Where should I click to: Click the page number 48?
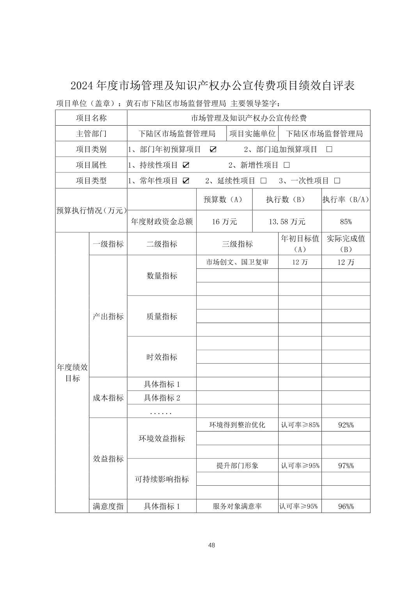[211, 545]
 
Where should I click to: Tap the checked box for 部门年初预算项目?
[213, 149]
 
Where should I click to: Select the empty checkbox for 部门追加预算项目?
[329, 149]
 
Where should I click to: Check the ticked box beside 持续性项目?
[186, 165]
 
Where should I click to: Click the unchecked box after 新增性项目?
[287, 165]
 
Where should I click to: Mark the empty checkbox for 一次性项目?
[337, 181]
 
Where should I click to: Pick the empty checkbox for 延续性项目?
[264, 181]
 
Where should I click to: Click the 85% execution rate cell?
[346, 222]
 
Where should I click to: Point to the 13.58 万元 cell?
[287, 222]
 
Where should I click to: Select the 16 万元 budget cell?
[224, 222]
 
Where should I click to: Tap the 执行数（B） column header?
[287, 199]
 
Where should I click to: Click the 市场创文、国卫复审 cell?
[237, 262]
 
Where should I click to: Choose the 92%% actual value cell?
[346, 425]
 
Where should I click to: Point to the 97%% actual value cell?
[346, 465]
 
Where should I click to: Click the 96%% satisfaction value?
[346, 506]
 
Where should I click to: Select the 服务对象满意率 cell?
[237, 506]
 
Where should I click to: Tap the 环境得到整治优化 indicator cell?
[237, 425]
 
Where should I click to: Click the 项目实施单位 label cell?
[252, 133]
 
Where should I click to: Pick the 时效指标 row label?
[162, 357]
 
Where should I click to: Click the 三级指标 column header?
[237, 244]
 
